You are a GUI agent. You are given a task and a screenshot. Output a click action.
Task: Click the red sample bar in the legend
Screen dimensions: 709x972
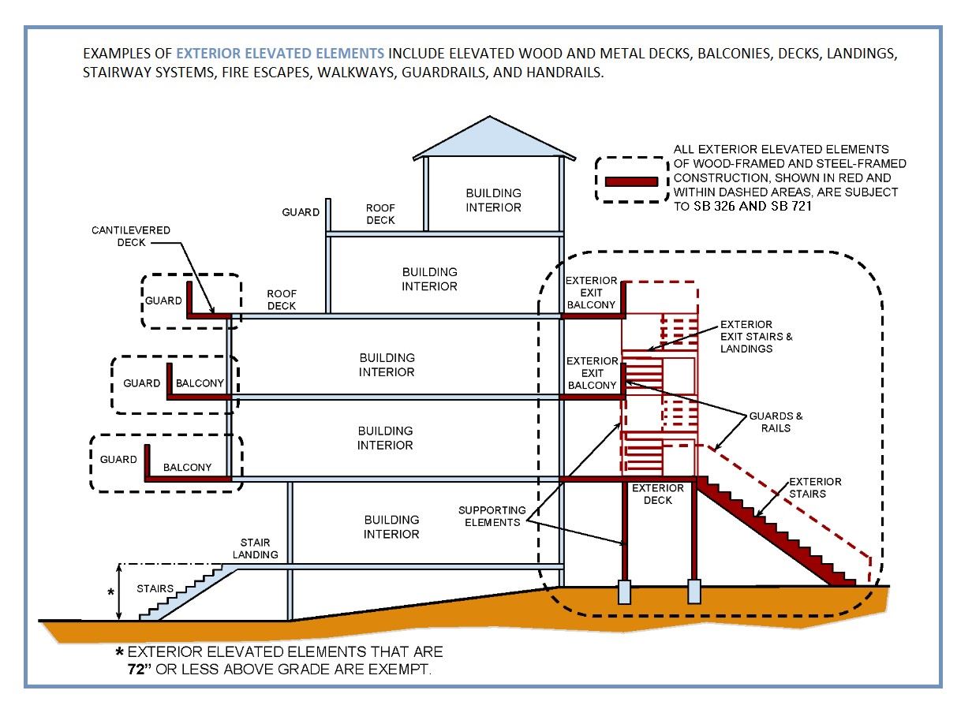pyautogui.click(x=631, y=181)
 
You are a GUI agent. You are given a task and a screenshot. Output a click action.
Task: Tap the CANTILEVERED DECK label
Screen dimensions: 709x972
pyautogui.click(x=131, y=237)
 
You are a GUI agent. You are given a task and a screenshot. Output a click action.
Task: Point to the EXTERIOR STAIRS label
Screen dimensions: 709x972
pyautogui.click(x=815, y=487)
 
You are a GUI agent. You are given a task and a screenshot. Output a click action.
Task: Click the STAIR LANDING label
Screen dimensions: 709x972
pyautogui.click(x=255, y=549)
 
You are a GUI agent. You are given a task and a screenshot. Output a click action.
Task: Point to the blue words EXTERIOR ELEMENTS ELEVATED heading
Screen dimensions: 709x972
pyautogui.click(x=280, y=54)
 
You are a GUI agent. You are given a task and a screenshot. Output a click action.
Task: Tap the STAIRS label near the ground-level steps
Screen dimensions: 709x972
pyautogui.click(x=155, y=588)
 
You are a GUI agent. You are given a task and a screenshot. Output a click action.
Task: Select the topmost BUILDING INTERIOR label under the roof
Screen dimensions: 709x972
pyautogui.click(x=493, y=200)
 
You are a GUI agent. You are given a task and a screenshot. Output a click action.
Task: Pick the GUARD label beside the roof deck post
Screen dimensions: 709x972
pyautogui.click(x=301, y=212)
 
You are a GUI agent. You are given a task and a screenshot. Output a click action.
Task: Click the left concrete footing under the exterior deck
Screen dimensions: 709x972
pyautogui.click(x=624, y=591)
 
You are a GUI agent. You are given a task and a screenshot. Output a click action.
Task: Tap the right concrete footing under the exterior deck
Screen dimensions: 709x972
pyautogui.click(x=693, y=591)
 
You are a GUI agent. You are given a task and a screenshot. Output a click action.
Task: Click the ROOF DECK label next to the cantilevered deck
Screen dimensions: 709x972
pyautogui.click(x=281, y=299)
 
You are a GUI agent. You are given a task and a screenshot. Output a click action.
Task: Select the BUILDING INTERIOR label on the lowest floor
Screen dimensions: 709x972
pyautogui.click(x=391, y=527)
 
